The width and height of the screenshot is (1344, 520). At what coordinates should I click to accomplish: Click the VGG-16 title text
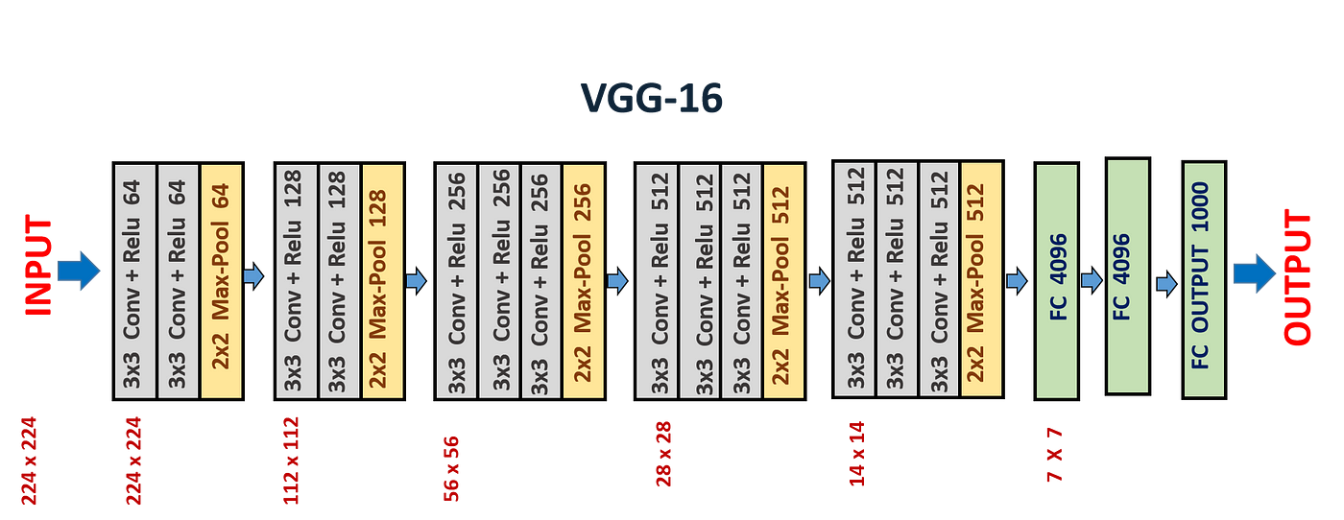[651, 98]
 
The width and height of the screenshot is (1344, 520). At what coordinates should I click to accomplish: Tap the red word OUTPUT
[1297, 277]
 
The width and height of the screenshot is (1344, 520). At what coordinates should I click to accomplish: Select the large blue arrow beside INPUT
[80, 271]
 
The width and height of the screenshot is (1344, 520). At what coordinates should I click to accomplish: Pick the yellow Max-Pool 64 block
[221, 280]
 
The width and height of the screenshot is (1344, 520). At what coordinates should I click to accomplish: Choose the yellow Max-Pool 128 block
[382, 280]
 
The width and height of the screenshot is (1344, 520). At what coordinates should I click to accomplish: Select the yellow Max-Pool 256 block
[583, 280]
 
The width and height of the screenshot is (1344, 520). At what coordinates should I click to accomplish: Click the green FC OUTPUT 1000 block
[1204, 279]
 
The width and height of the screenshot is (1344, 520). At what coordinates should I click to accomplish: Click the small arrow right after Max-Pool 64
[252, 277]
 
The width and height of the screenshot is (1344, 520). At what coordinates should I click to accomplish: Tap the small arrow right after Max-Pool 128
[416, 281]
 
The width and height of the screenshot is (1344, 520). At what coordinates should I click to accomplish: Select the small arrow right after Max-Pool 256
[617, 281]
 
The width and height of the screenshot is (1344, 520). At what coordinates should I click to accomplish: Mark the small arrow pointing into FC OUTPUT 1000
[1166, 284]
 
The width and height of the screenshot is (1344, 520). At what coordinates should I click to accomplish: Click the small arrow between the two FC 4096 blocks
[1091, 280]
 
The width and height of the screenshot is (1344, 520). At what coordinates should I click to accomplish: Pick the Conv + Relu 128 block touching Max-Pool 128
[340, 280]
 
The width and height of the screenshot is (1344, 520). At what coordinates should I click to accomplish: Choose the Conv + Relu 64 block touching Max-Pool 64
[179, 280]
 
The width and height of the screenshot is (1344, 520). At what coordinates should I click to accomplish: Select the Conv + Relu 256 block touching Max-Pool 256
[541, 280]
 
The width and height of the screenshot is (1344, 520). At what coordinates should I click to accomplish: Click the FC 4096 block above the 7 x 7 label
[1056, 280]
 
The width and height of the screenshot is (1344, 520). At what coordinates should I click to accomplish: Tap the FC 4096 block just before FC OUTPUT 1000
[1128, 276]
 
